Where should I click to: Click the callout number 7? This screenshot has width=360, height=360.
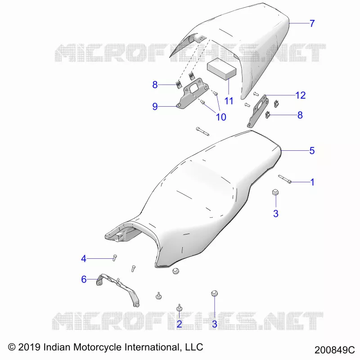(x=312, y=23)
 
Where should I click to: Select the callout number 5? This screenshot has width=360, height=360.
(x=312, y=151)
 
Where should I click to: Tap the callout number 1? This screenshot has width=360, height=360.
(x=312, y=182)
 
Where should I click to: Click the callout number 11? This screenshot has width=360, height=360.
(x=229, y=101)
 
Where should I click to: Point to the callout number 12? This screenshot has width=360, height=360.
(x=301, y=95)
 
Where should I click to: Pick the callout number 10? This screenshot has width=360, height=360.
(x=221, y=117)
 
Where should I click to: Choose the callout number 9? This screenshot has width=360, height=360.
(x=155, y=106)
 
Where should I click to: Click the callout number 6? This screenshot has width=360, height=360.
(x=84, y=279)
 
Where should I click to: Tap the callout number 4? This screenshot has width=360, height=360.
(x=84, y=259)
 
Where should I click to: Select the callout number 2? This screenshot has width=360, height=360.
(x=179, y=324)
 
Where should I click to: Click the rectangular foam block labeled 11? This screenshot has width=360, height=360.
(x=221, y=69)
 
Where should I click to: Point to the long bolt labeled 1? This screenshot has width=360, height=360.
(x=285, y=179)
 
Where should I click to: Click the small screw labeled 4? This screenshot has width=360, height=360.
(x=115, y=258)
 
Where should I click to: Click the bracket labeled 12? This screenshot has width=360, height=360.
(x=257, y=111)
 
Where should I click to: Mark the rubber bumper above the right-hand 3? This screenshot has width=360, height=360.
(x=275, y=192)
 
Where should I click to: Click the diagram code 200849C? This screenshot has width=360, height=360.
(x=334, y=350)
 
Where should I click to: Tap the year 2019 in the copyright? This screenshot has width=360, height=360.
(x=29, y=347)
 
